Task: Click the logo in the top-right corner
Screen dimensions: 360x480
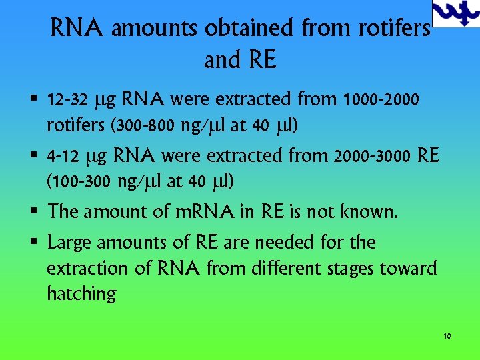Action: [x=456, y=13]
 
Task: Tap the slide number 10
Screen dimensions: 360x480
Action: [x=447, y=336]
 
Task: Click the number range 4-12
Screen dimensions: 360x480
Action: [x=62, y=157]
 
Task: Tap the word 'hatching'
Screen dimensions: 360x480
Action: [x=81, y=293]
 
